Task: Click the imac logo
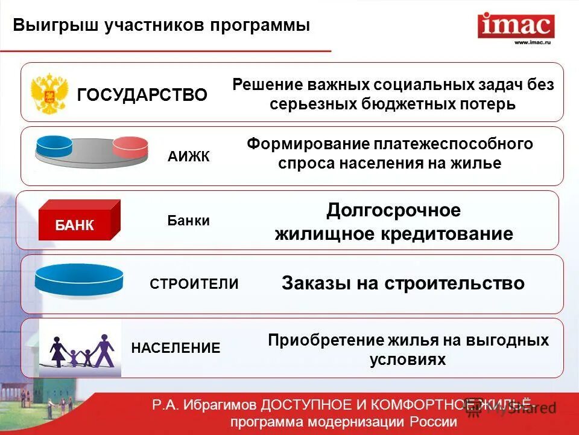coord(516,25)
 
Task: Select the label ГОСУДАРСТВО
coord(142,94)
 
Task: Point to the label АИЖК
coord(188,157)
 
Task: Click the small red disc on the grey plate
coord(130,147)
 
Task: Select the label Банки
coord(188,221)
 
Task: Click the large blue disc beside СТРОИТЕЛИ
coord(79,280)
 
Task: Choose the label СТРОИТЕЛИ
coord(194,284)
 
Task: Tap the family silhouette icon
coord(81,350)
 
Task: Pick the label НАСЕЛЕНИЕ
coord(176,348)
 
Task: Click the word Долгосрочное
coord(393,210)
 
